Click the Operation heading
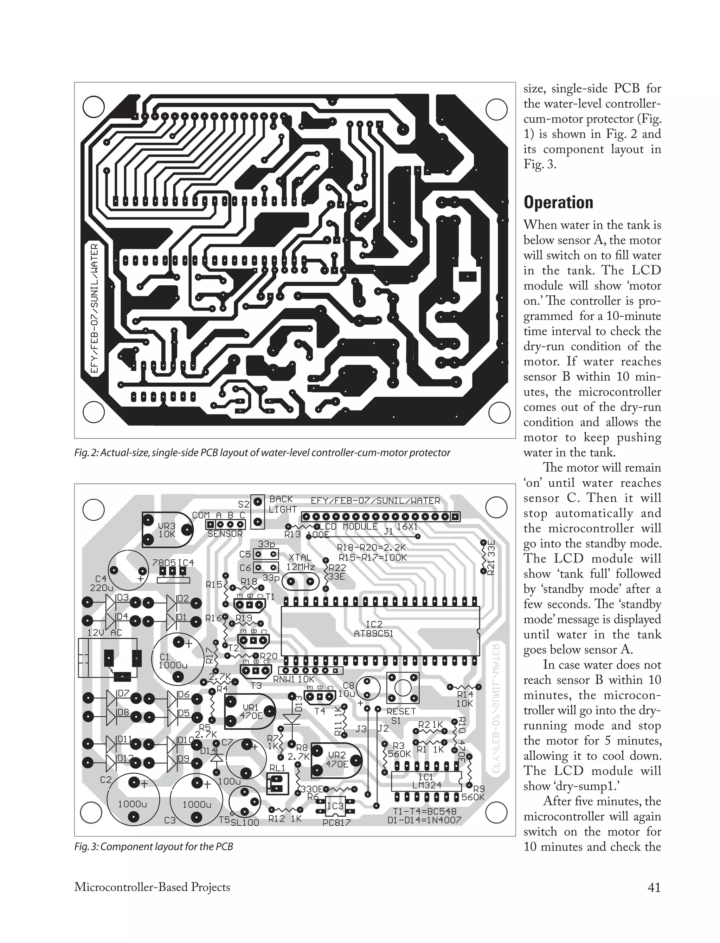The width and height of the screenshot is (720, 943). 558,203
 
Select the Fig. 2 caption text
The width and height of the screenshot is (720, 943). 262,453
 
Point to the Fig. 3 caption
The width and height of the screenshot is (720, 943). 153,847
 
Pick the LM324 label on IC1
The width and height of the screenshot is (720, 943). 426,785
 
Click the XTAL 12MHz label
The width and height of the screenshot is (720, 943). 301,562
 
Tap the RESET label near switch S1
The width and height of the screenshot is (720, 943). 401,711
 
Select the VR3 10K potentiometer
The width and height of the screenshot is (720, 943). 167,530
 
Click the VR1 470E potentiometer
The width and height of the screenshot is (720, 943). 250,711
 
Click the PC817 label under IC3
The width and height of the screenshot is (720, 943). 336,822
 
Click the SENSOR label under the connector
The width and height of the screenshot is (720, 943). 225,534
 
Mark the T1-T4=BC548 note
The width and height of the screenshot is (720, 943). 425,812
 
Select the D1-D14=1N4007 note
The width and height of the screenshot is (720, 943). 425,820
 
